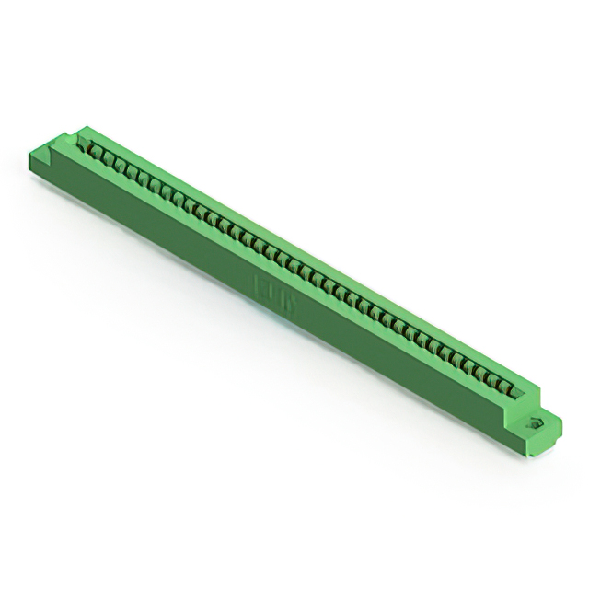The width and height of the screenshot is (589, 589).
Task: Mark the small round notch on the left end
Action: (x=66, y=139)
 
